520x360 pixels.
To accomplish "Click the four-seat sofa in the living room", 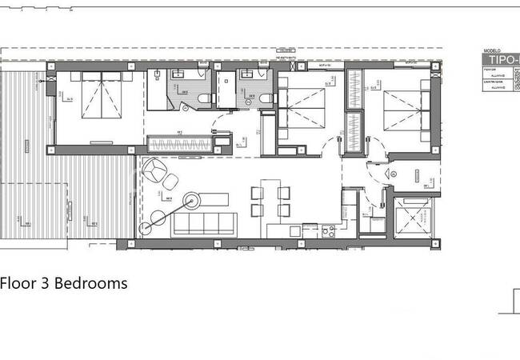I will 203,222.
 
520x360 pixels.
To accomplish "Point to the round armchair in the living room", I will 158,171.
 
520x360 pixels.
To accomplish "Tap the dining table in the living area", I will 268,200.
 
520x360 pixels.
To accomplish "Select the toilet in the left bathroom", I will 205,98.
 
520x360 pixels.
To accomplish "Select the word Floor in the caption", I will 16,283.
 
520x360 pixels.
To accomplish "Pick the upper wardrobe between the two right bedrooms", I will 354,92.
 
